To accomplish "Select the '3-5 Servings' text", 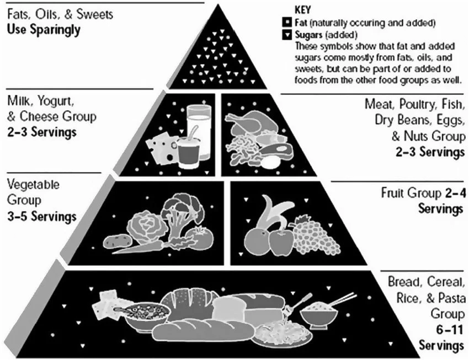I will pos(41,216).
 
